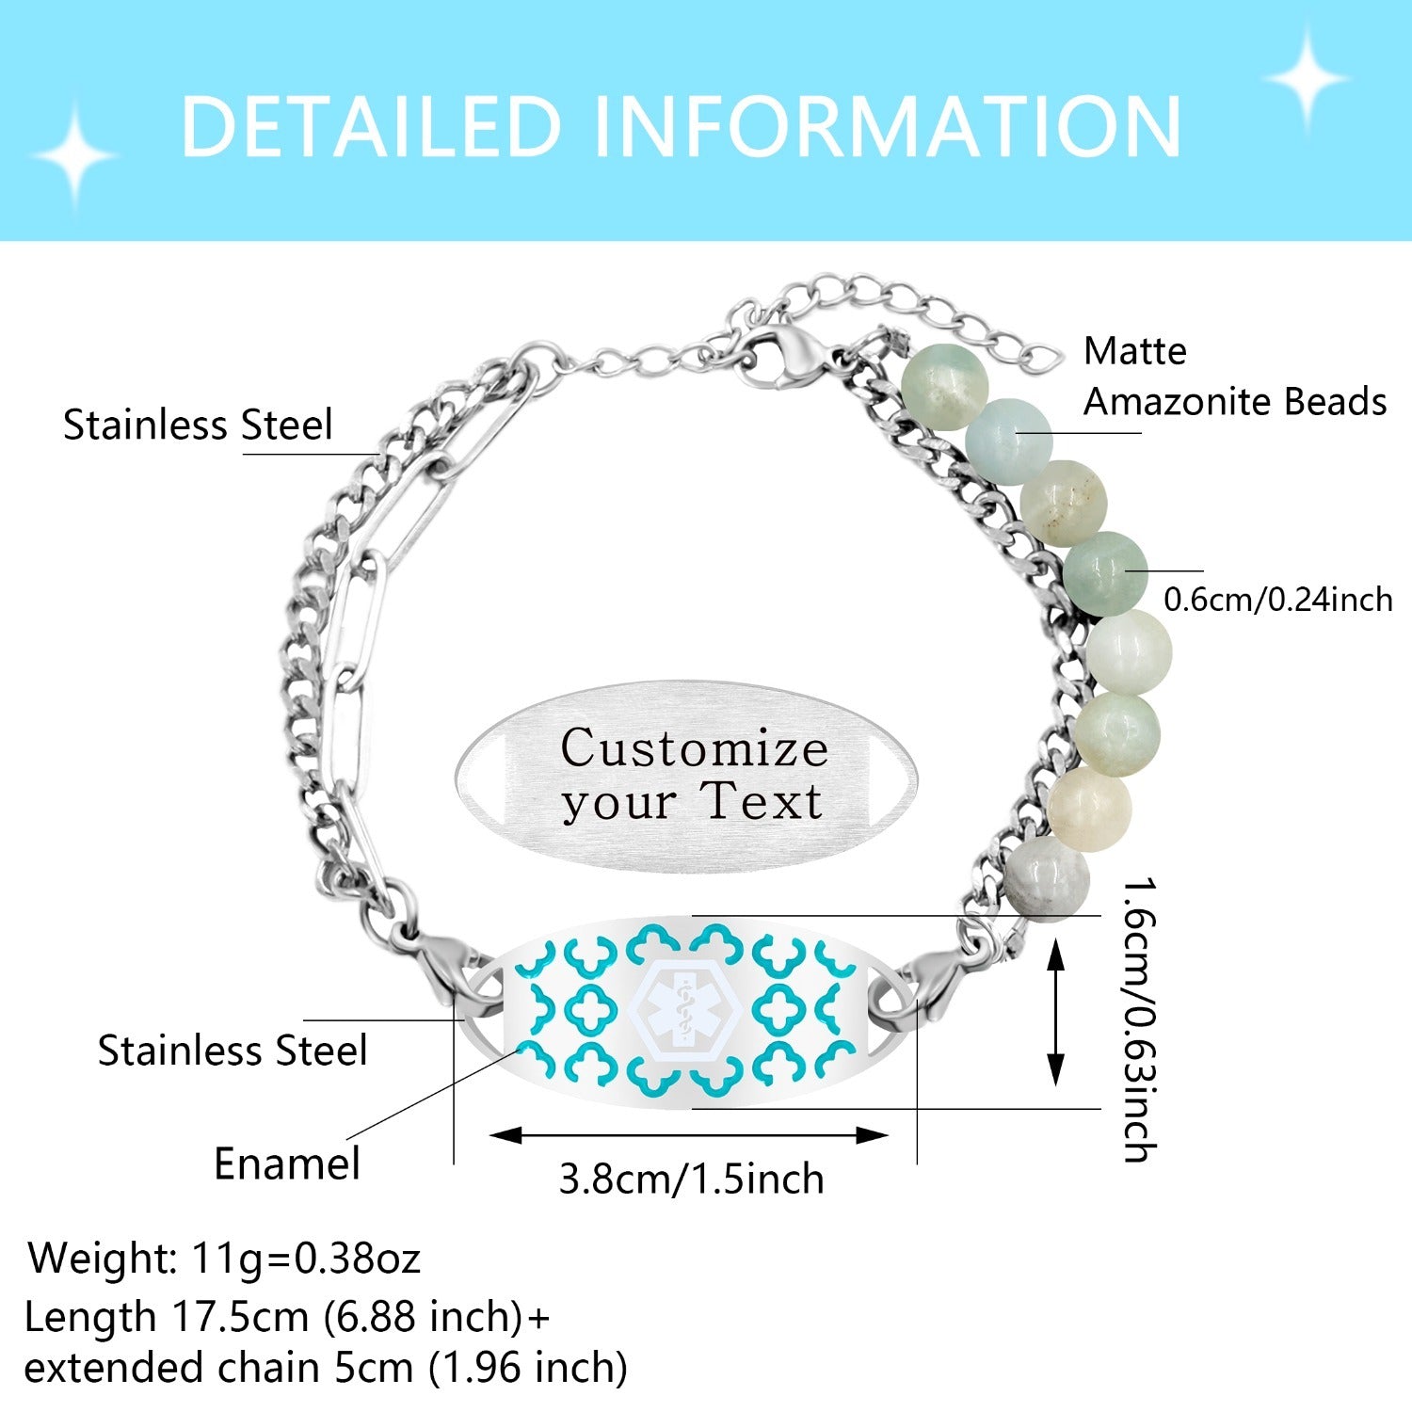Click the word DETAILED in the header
pyautogui.click(x=370, y=126)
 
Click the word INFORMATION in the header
pyautogui.click(x=886, y=126)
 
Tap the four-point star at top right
pyautogui.click(x=1306, y=78)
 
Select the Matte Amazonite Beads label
pyautogui.click(x=1234, y=377)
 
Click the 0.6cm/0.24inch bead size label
pyautogui.click(x=1277, y=600)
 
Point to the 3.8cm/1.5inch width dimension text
pyautogui.click(x=691, y=1179)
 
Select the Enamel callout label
pyautogui.click(x=287, y=1164)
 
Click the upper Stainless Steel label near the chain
pyautogui.click(x=198, y=425)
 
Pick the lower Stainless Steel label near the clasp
pyautogui.click(x=233, y=1051)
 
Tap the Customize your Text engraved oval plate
pyautogui.click(x=686, y=776)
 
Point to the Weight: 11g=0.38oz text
pyautogui.click(x=224, y=1258)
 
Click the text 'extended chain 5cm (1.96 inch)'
pyautogui.click(x=326, y=1368)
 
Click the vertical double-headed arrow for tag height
pyautogui.click(x=1056, y=1016)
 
